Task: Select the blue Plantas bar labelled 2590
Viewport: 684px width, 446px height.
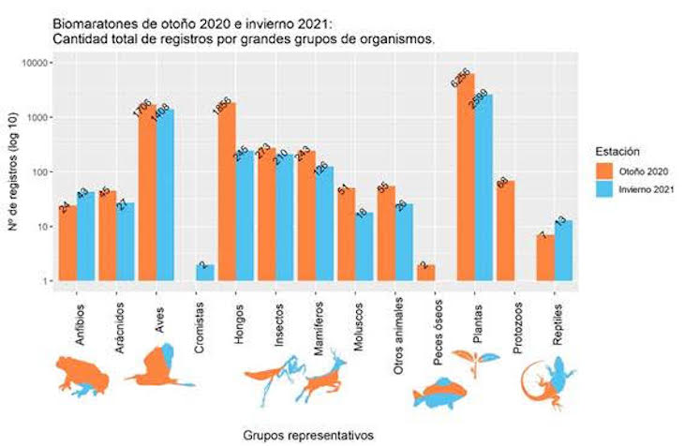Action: pos(483,187)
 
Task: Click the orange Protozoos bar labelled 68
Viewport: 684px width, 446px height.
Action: pos(505,230)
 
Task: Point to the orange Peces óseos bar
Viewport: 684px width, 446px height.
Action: pos(425,273)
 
